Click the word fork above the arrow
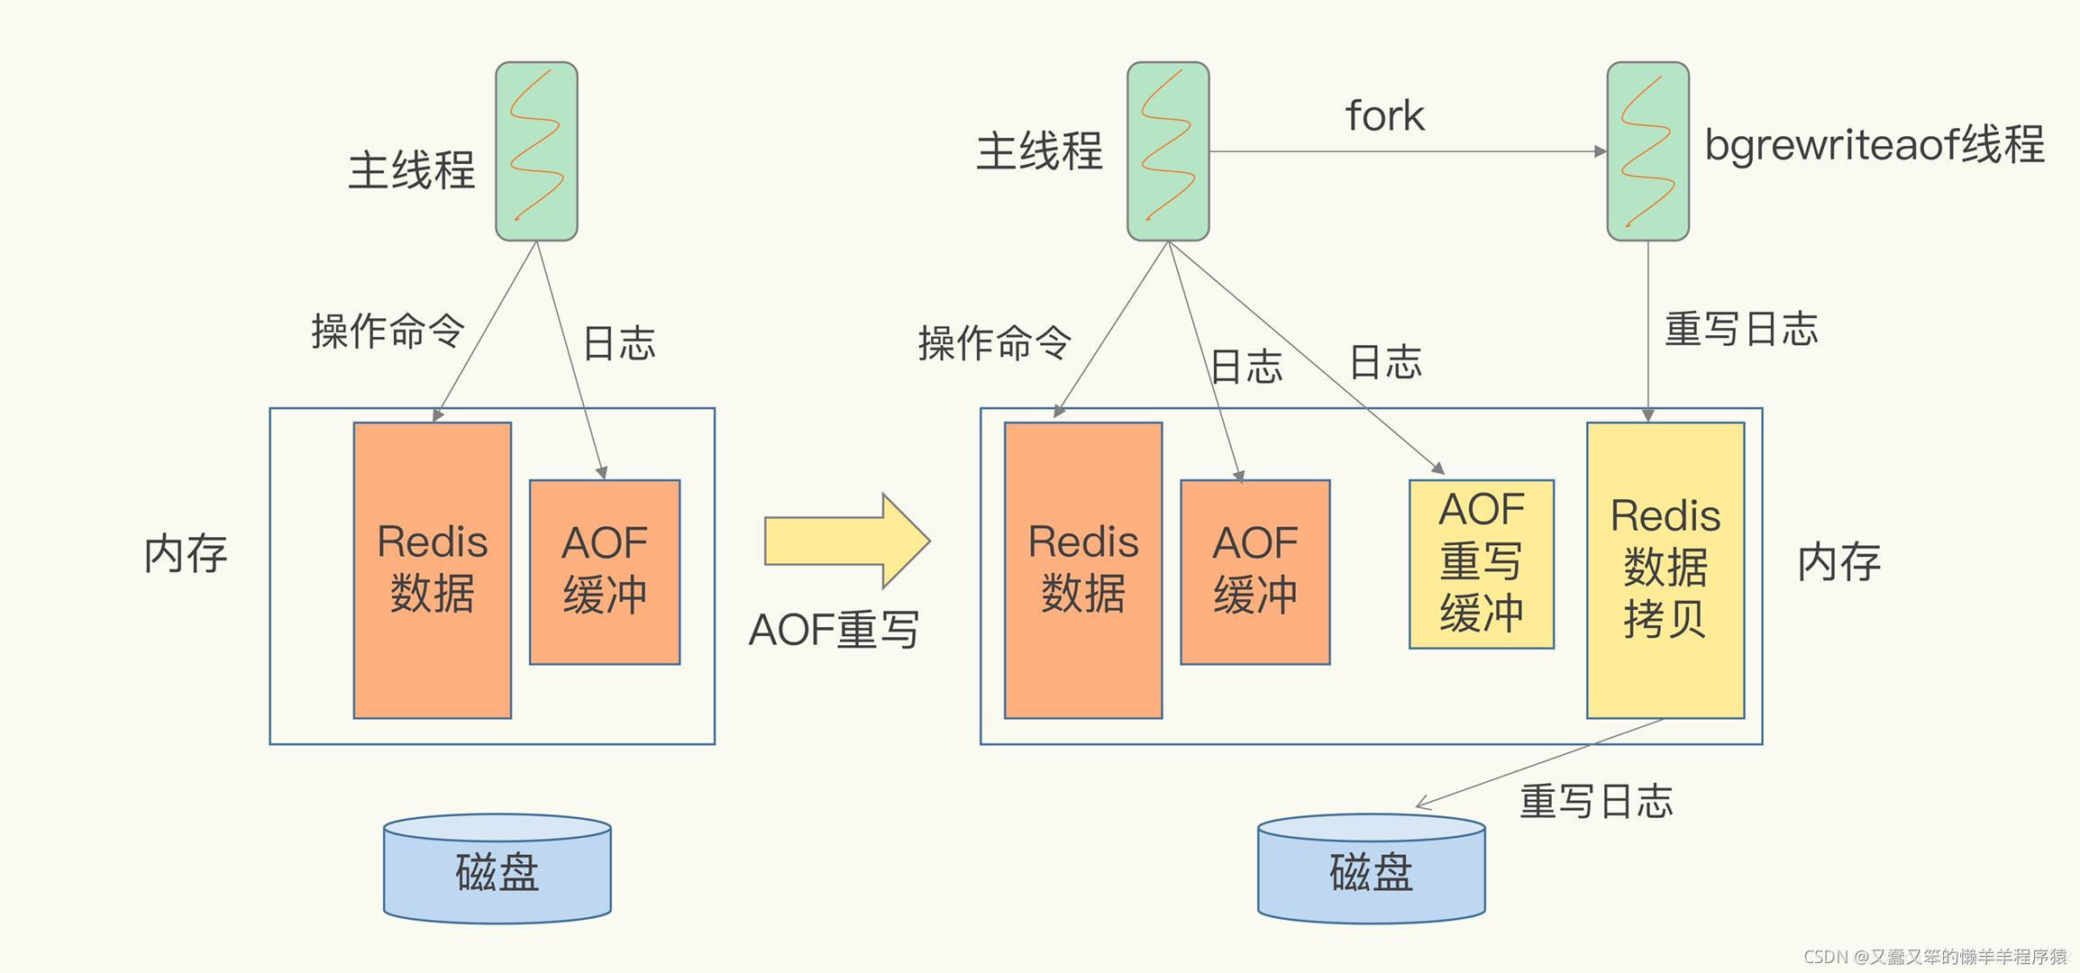pos(1384,116)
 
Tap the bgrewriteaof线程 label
pos(1874,145)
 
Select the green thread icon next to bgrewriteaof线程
pos(1647,151)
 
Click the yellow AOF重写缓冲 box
pos(1481,564)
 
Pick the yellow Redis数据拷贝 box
pos(1665,569)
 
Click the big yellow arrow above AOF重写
pos(845,541)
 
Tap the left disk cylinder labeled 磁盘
pos(497,869)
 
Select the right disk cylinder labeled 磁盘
pos(1371,869)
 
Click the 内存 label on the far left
pos(186,554)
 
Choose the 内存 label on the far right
pos(1838,562)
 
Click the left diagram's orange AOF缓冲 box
pos(605,571)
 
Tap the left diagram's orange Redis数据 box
pos(432,569)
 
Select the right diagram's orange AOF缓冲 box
pos(1254,571)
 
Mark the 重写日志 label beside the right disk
pos(1595,801)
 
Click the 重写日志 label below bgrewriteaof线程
pos(1740,329)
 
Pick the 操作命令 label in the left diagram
pos(388,331)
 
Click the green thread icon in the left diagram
pos(536,151)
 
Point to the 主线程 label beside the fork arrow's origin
pos(1039,150)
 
